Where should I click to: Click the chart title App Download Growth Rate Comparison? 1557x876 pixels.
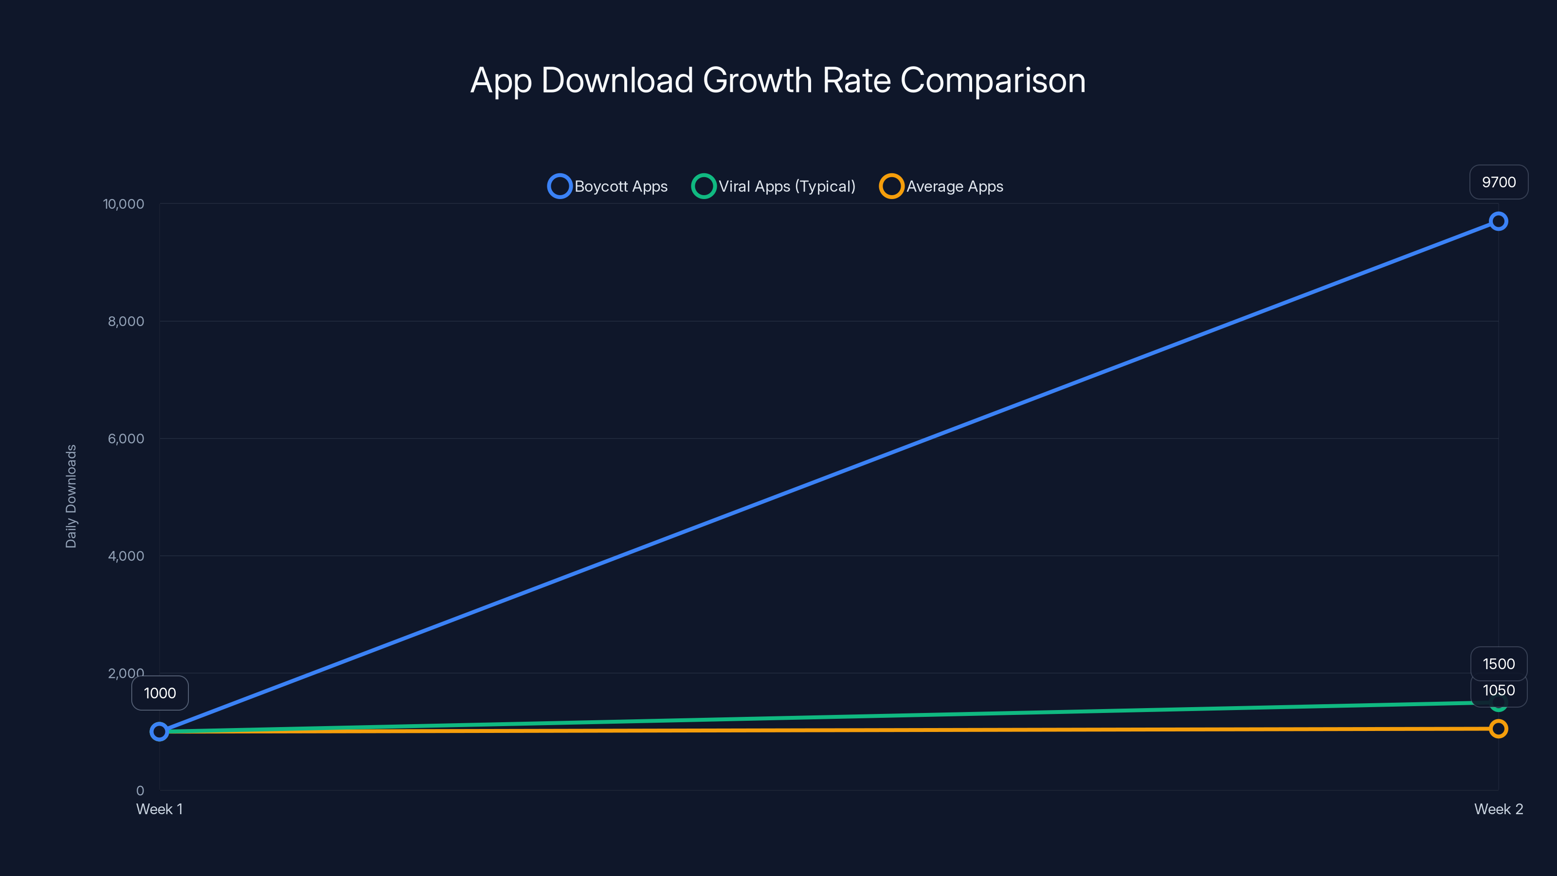point(778,80)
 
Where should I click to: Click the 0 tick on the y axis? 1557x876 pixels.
point(140,790)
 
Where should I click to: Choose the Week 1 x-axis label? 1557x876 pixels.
point(159,809)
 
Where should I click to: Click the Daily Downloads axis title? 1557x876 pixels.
point(71,496)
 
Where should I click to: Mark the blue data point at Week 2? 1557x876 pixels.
point(1498,221)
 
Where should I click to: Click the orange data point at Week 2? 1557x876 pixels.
point(1498,729)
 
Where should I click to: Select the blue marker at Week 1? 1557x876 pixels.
point(159,731)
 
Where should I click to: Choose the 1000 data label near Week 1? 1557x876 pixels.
point(160,693)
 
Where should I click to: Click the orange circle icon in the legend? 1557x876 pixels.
point(891,186)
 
